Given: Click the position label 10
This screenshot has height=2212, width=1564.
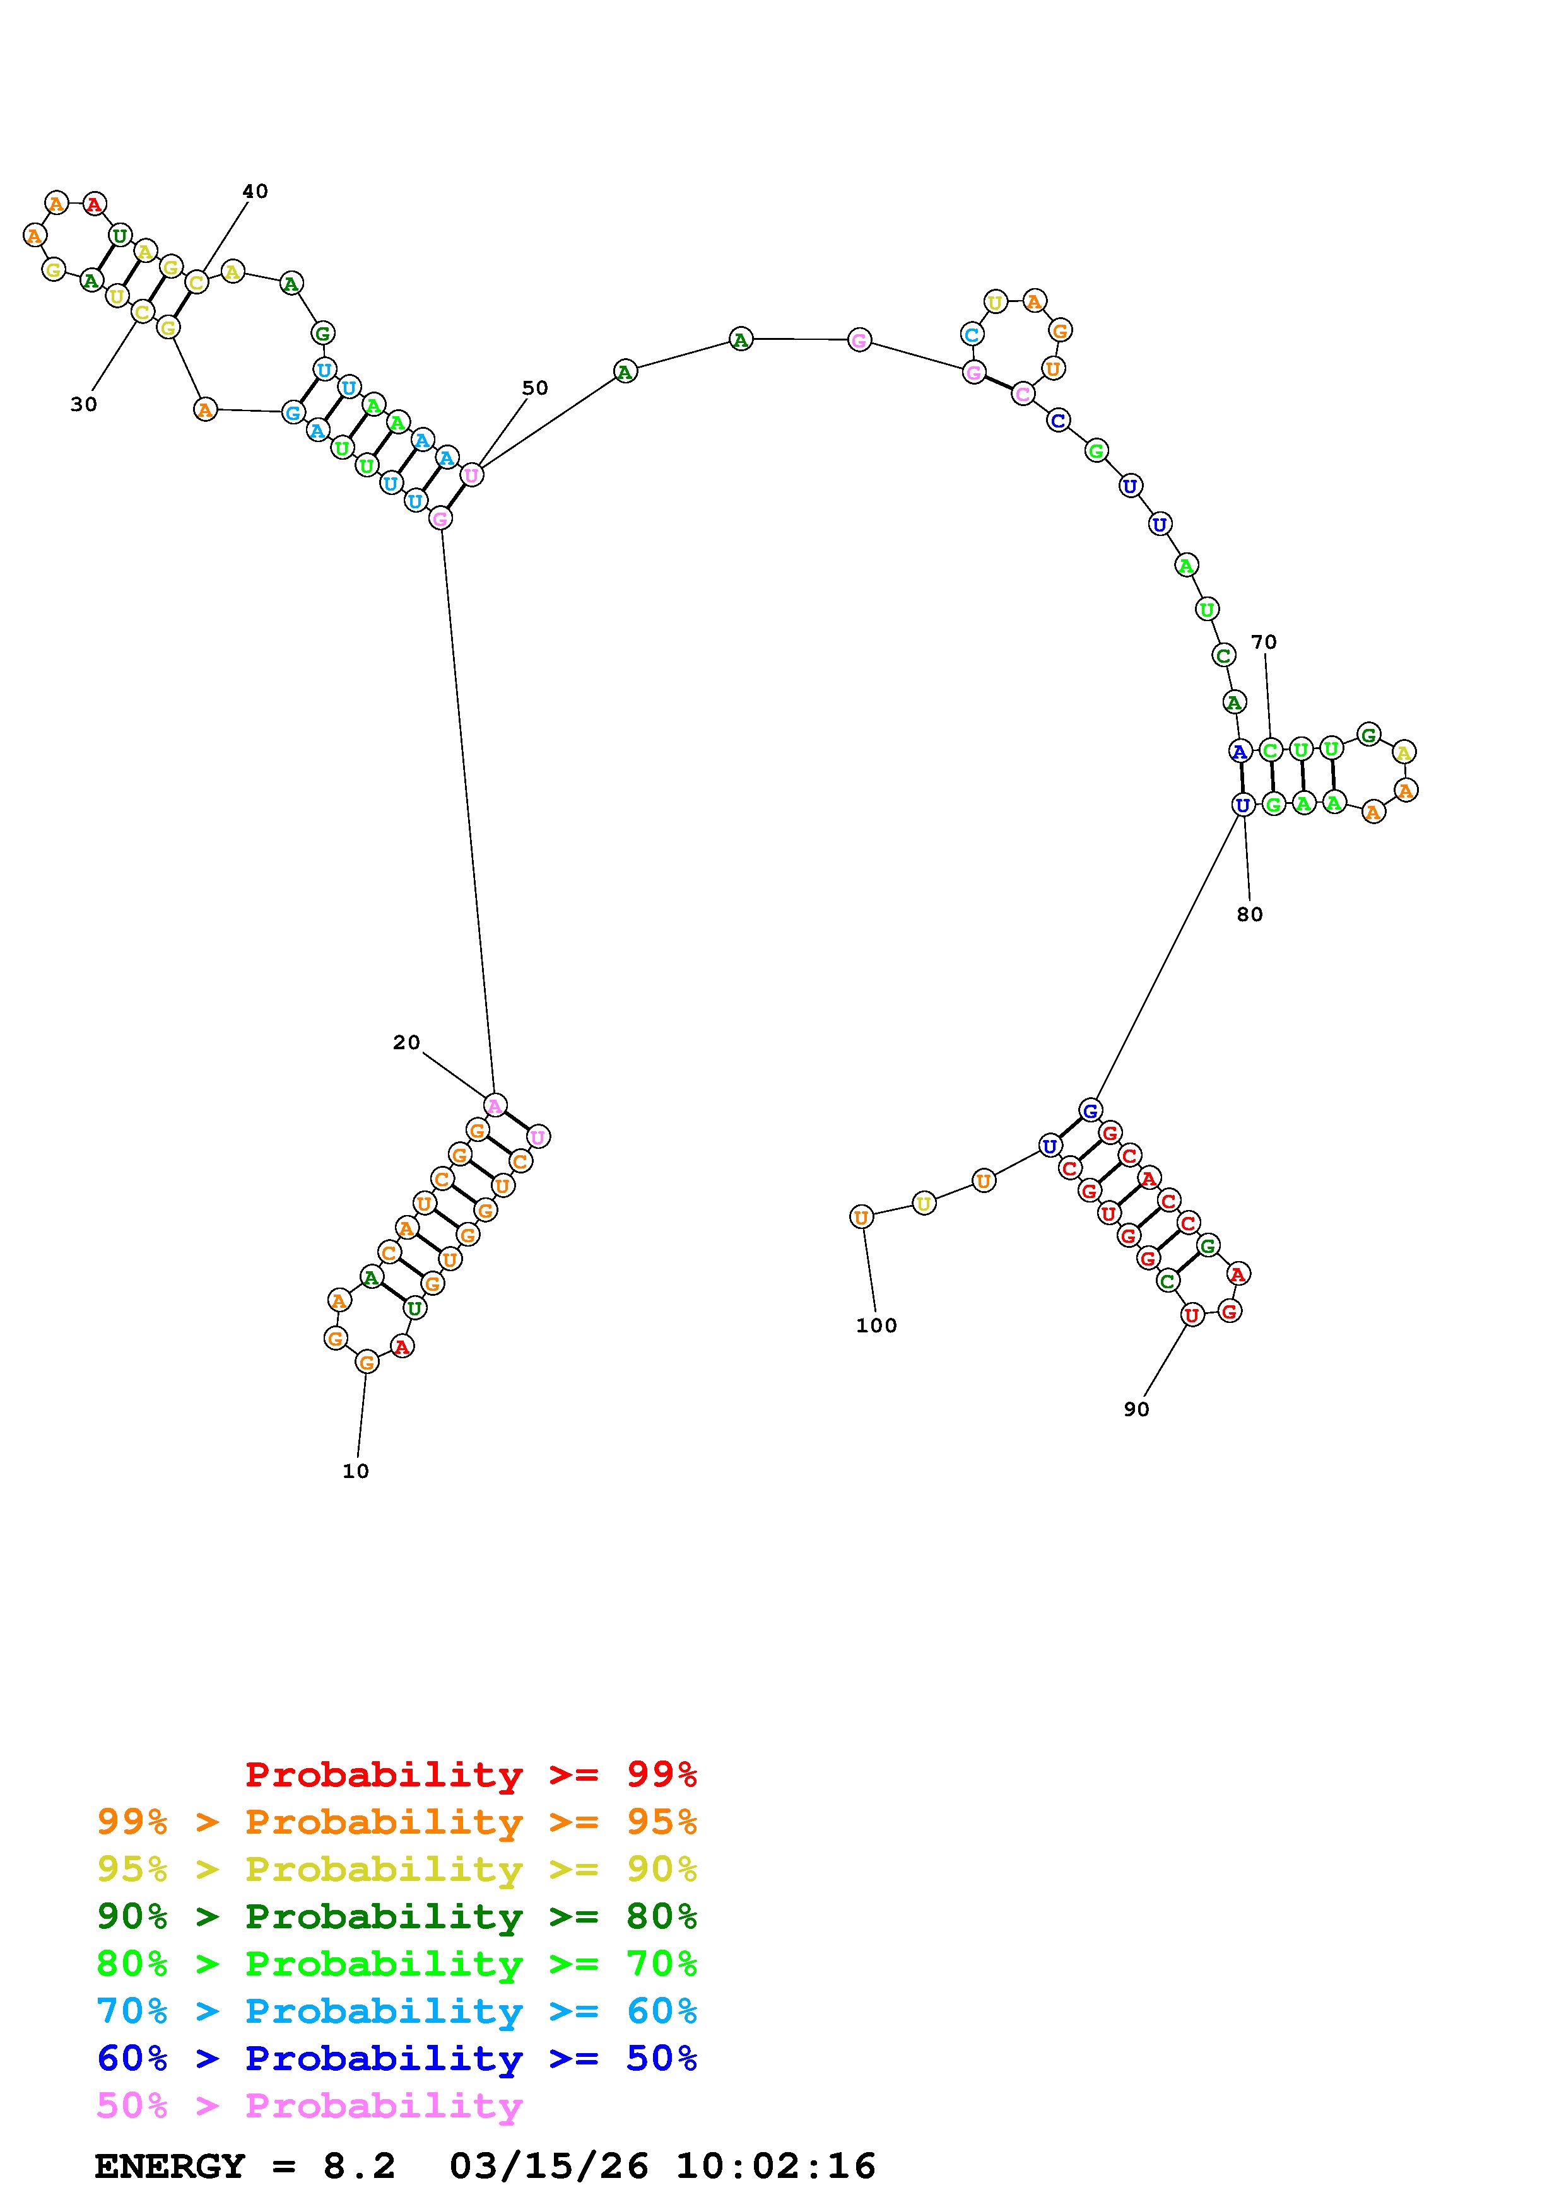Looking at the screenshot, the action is pos(356,1471).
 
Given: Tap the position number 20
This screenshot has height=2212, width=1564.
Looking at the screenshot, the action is pos(407,1042).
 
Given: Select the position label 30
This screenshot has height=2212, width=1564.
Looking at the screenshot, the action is pos(84,405).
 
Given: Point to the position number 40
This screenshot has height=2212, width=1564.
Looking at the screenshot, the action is pos(254,192).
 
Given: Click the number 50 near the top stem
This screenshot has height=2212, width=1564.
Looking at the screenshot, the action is pos(535,388).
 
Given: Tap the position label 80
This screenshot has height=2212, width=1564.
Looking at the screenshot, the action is pos(1250,914).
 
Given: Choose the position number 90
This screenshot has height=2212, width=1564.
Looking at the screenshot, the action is pos(1136,1409).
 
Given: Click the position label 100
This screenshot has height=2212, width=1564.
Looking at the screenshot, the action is pos(876,1325).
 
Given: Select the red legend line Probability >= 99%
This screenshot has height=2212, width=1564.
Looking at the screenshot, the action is pos(471,1774).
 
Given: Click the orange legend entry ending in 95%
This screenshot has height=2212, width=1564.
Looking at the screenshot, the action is pos(397,1822).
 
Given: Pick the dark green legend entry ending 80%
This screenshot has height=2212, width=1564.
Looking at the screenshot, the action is pos(397,1916).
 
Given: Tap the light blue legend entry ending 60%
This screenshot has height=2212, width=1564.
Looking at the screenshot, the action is pos(397,2011).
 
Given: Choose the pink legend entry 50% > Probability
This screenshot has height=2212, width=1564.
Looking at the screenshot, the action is pos(309,2105).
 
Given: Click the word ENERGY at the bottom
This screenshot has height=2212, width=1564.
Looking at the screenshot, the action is pos(170,2167).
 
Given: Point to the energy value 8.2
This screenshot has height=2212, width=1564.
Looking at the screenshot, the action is pos(358,2167).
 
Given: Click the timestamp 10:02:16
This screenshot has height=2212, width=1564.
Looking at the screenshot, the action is pos(776,2167).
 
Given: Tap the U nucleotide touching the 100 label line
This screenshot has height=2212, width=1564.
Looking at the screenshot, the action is pos(862,1217).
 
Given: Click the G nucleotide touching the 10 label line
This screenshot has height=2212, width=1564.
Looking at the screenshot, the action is pos(366,1361).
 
